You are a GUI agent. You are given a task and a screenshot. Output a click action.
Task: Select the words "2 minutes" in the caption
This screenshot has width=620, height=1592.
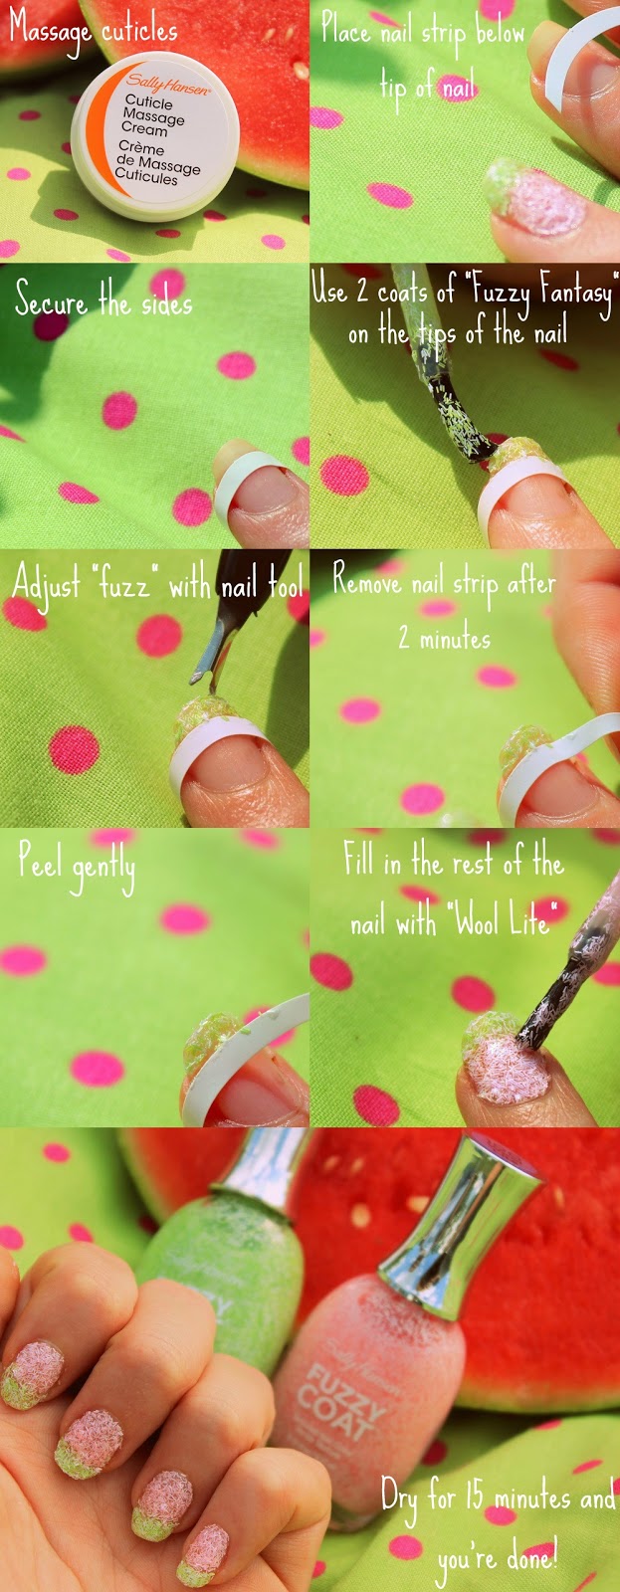coord(444,638)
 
